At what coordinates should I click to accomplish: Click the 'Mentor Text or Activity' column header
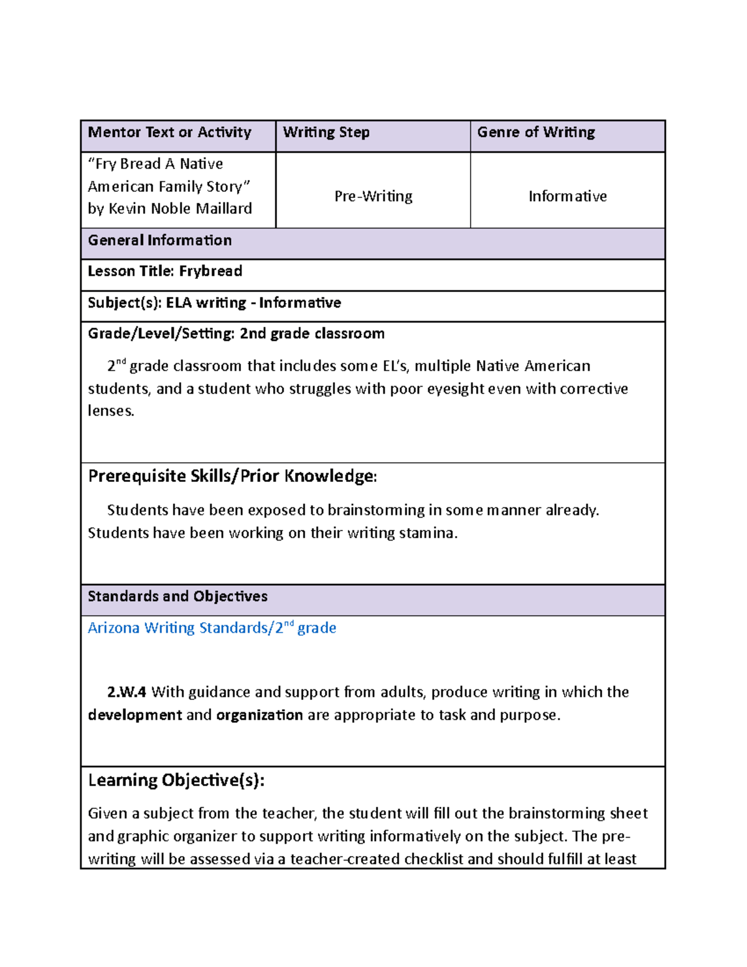[169, 133]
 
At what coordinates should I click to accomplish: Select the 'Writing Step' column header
[326, 133]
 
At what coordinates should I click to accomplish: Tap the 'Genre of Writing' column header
[535, 133]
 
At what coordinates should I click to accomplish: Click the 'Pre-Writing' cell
[373, 197]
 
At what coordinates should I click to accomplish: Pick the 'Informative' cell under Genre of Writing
[567, 197]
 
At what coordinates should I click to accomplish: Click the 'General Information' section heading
[159, 240]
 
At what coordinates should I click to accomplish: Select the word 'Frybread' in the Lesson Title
[210, 271]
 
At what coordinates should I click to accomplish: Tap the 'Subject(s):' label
[125, 303]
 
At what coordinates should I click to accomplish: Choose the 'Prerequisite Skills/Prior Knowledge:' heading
[232, 476]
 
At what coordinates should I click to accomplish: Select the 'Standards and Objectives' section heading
[177, 597]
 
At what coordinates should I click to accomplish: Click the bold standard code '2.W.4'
[126, 692]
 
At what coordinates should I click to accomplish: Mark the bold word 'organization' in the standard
[259, 715]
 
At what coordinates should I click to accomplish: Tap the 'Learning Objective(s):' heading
[176, 781]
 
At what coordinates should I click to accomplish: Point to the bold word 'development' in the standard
[135, 715]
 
